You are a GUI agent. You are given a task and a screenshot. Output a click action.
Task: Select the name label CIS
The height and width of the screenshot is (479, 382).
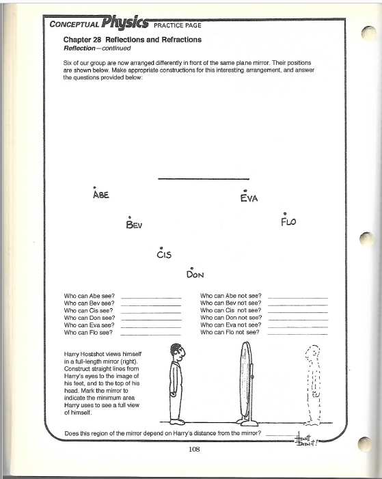(x=163, y=255)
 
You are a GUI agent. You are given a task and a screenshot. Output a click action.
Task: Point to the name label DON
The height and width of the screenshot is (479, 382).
(x=196, y=275)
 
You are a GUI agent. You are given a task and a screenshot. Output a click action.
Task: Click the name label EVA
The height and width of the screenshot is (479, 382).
(x=248, y=199)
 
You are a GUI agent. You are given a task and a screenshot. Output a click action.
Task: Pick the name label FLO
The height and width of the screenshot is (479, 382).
(x=288, y=222)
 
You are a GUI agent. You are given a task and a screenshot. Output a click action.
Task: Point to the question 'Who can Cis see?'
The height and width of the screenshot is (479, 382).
(x=89, y=310)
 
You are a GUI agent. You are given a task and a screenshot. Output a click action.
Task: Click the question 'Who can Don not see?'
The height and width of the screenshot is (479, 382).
(x=231, y=318)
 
